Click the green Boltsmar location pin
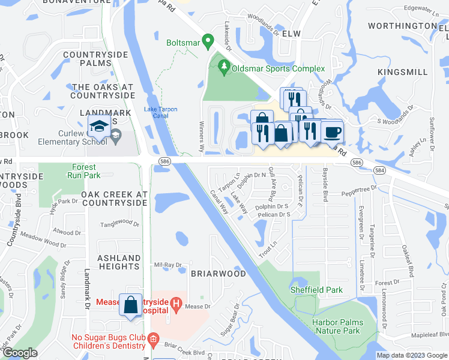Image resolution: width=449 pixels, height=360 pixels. [x=208, y=42]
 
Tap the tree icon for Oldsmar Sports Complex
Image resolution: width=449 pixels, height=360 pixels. [x=224, y=67]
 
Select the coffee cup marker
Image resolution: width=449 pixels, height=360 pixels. [x=331, y=131]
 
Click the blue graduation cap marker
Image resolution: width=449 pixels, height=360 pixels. [x=98, y=125]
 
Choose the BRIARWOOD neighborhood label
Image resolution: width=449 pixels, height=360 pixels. [x=218, y=274]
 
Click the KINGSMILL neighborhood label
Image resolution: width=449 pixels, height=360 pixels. [x=403, y=72]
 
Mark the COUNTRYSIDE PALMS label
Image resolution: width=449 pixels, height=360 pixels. [x=100, y=59]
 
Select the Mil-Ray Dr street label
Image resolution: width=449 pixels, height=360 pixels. [x=168, y=265]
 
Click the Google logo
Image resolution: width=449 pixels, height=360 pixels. [x=20, y=353]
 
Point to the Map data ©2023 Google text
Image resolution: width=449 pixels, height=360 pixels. [x=411, y=355]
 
